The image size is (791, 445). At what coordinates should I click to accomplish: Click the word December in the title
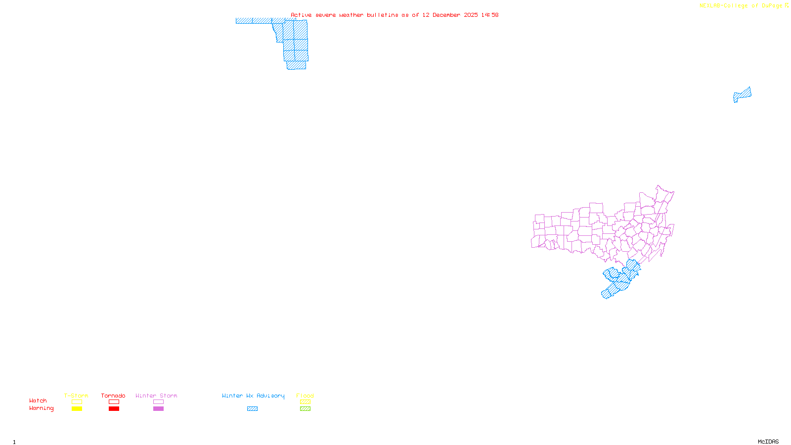pos(446,15)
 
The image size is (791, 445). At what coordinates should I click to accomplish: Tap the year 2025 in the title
pos(471,15)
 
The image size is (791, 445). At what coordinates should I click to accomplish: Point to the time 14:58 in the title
pos(490,15)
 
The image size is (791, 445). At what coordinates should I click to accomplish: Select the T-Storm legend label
pos(76,396)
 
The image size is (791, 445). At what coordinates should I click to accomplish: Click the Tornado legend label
pos(113,396)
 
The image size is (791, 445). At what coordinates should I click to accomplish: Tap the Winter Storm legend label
pos(156,396)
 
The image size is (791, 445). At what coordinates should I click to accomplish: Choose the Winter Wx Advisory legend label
pos(253,396)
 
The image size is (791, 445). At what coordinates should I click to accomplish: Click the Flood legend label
pos(305,396)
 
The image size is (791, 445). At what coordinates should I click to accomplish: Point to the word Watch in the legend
pos(38,400)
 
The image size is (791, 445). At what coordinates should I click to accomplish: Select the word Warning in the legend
pos(41,408)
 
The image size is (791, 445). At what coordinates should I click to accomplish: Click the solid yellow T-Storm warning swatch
pos(77,409)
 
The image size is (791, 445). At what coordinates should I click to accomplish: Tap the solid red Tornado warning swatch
pos(114,409)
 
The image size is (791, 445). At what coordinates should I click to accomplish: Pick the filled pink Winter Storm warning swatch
pos(158,409)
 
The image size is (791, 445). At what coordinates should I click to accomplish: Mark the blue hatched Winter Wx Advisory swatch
pos(252,409)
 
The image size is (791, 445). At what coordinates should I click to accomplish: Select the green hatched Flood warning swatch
pos(305,409)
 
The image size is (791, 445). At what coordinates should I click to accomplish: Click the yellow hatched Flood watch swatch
pos(305,402)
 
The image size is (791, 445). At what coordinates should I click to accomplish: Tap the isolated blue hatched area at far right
pos(742,94)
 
